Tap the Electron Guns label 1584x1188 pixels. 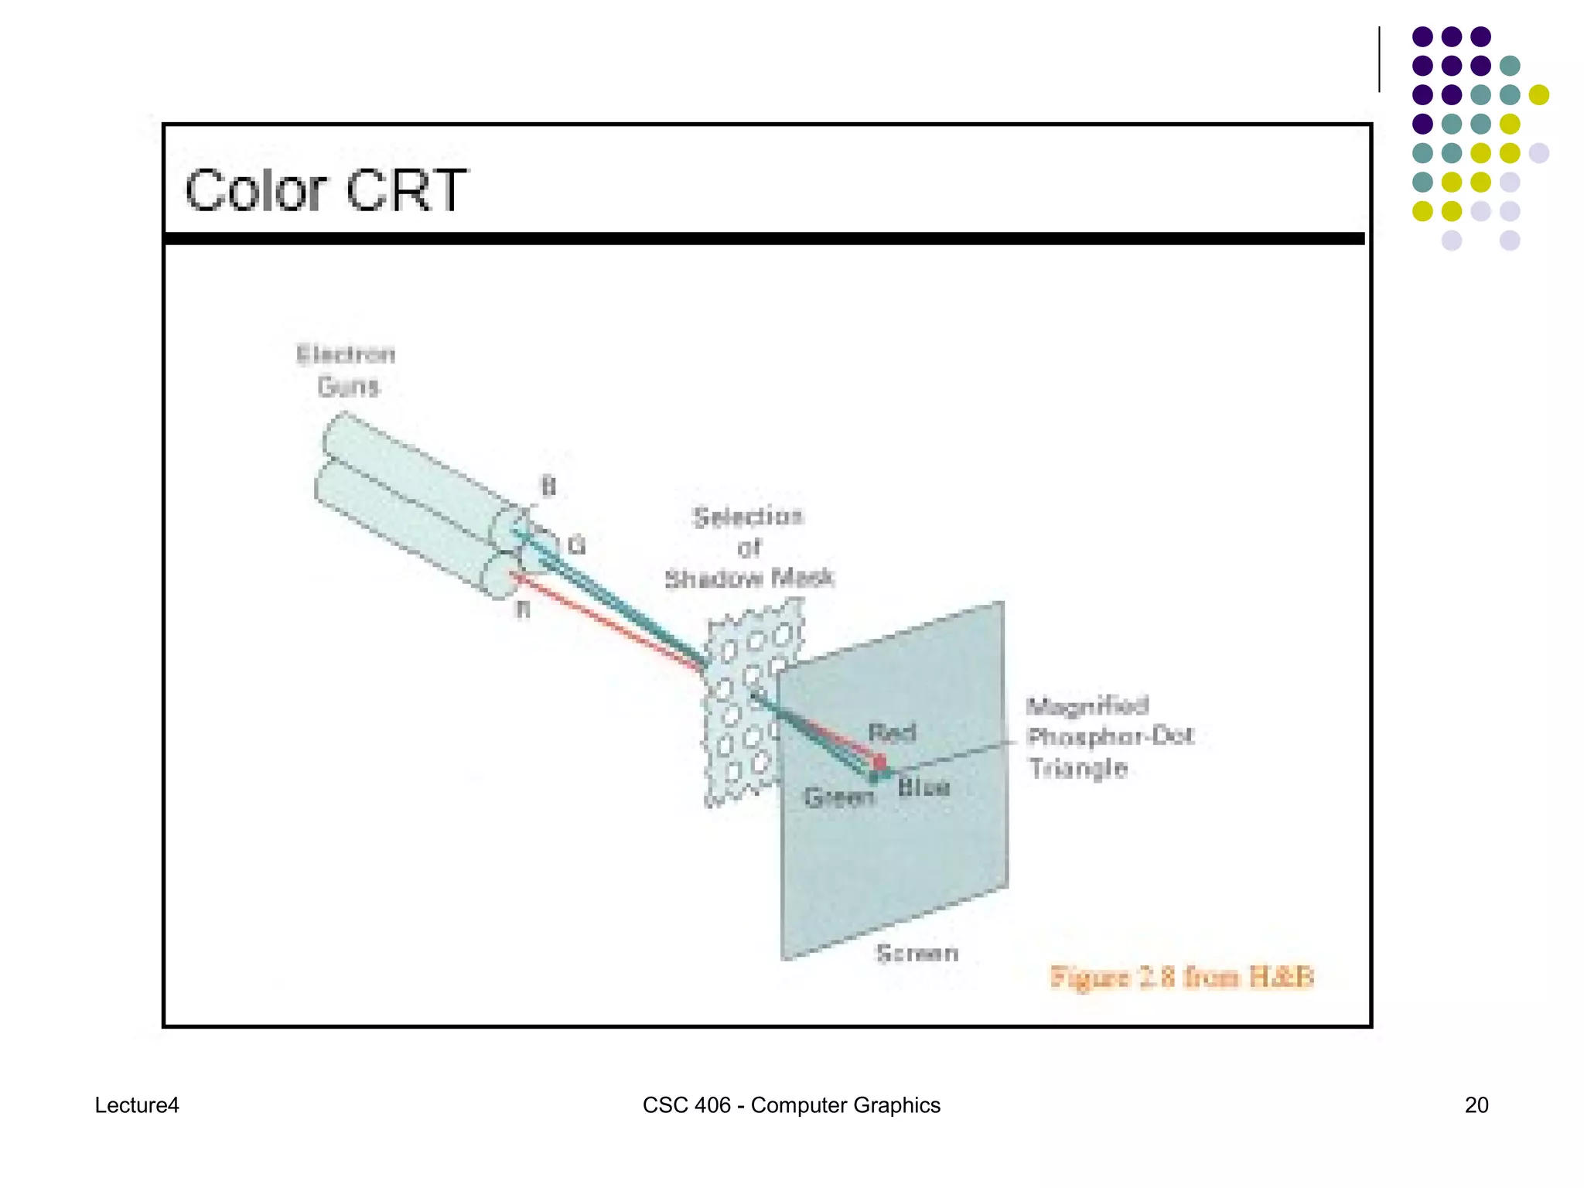[x=346, y=370]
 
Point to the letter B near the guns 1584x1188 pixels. [x=548, y=486]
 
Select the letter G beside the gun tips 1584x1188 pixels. [x=577, y=546]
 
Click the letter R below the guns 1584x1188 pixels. [x=524, y=610]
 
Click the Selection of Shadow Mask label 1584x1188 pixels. [x=749, y=548]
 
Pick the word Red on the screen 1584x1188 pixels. [x=892, y=732]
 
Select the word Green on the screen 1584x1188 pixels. [x=838, y=797]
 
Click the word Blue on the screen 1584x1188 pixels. [x=923, y=788]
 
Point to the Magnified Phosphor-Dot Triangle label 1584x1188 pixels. [x=1108, y=736]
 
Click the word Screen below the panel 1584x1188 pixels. [x=917, y=954]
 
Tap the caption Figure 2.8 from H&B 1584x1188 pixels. [x=1181, y=978]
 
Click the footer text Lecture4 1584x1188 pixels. [x=137, y=1105]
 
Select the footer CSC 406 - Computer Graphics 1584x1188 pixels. [x=791, y=1105]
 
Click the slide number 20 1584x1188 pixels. [x=1476, y=1105]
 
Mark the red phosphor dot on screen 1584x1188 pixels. [x=879, y=762]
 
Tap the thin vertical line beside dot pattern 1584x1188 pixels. [x=1379, y=60]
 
